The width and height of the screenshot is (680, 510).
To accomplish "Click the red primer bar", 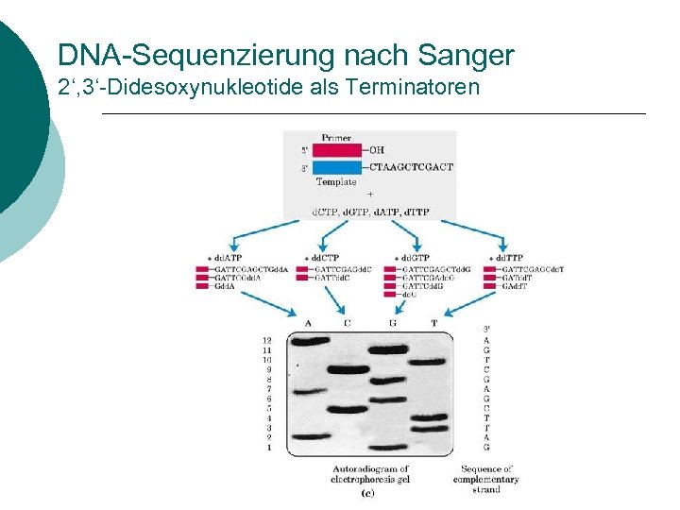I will click(x=335, y=150).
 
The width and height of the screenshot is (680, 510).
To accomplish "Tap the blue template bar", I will click(x=335, y=167).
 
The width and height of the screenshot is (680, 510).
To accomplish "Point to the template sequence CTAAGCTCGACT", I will click(x=411, y=167).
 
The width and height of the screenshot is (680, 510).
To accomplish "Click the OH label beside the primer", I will click(x=376, y=150).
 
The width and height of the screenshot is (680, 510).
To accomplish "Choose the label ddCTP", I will click(x=324, y=258).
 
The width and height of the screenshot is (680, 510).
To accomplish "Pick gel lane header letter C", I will click(x=347, y=323).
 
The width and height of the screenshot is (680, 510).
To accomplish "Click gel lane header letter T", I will click(x=434, y=323).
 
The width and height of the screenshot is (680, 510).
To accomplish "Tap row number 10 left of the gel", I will click(x=267, y=360).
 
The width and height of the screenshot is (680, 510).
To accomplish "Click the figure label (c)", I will click(x=367, y=492).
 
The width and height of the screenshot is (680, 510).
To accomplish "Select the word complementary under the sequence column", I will click(x=485, y=480).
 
